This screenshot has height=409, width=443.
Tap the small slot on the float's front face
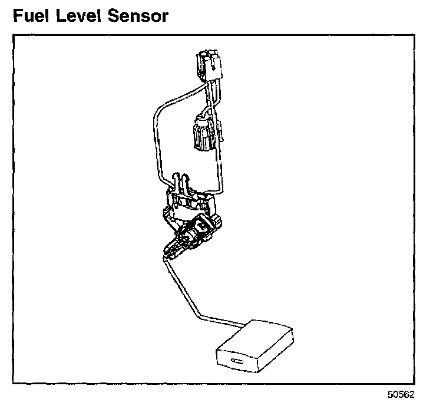239,361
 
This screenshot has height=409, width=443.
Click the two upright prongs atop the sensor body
182,182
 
